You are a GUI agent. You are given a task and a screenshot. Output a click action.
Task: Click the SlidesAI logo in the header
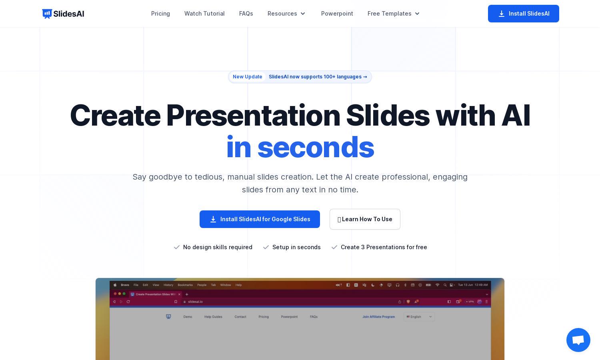click(x=63, y=14)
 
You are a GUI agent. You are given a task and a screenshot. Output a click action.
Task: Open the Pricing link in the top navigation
click(x=160, y=14)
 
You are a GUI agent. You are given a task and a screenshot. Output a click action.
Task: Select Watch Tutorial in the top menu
click(x=204, y=14)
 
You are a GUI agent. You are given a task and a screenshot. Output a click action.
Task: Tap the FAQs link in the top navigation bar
click(x=246, y=14)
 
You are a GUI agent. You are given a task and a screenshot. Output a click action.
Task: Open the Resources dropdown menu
click(x=286, y=14)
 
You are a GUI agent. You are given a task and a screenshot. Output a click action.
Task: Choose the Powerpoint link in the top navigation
click(x=337, y=14)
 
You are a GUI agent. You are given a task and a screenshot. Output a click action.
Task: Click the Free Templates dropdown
click(x=394, y=14)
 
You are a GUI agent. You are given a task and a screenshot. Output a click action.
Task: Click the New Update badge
click(x=248, y=77)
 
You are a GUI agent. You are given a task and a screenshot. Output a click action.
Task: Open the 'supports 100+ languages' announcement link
click(x=318, y=77)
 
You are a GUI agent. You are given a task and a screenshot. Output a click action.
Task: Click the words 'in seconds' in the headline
click(x=300, y=147)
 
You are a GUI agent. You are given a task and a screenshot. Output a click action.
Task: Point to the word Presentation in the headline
click(x=253, y=116)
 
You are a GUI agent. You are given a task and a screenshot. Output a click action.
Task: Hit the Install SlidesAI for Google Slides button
click(x=260, y=219)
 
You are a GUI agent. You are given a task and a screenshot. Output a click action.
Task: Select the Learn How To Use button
click(x=365, y=219)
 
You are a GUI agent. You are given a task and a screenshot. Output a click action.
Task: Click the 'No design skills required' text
click(x=218, y=247)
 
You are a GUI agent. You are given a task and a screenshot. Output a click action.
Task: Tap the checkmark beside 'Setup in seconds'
click(x=266, y=247)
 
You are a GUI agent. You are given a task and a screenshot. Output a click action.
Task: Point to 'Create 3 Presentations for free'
click(x=384, y=247)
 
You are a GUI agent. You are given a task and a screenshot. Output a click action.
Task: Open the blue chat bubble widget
click(x=578, y=340)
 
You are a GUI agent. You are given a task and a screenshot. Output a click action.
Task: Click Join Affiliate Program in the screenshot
click(x=378, y=317)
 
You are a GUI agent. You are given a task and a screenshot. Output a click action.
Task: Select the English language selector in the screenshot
click(x=419, y=317)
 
